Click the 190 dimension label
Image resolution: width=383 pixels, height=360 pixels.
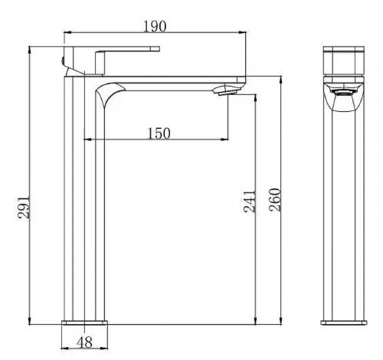coord(155,26)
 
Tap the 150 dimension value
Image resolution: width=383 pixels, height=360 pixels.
coord(159,133)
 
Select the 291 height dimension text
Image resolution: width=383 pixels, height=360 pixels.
coord(24,207)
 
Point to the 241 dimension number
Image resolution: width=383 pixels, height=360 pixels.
coord(250,201)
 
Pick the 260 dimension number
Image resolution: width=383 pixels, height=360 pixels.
coord(275,200)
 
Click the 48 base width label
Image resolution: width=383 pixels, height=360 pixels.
coord(84,342)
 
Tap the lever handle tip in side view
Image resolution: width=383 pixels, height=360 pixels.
coord(155,49)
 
